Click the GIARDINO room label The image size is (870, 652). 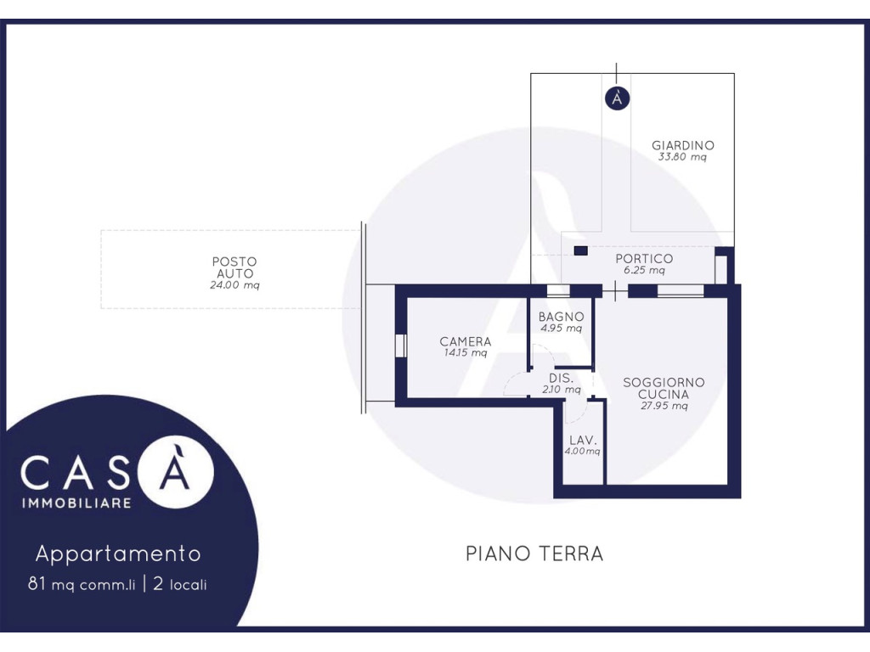682,145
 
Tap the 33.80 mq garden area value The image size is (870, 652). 682,157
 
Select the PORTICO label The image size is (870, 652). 644,258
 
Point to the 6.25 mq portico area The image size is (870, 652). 644,270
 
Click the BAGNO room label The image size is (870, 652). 561,317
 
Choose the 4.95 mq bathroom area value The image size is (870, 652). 561,329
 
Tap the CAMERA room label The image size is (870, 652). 466,341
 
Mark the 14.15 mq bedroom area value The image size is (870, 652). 466,352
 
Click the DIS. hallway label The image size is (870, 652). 561,378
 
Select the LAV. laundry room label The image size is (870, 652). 583,441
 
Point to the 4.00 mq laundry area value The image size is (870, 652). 583,452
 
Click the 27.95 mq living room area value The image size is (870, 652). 664,406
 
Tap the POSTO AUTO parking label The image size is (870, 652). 234,267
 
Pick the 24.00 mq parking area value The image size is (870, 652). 234,285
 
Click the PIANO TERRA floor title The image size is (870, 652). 534,554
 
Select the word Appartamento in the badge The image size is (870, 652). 118,554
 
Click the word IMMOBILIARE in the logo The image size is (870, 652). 76,503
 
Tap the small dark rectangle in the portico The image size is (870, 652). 581,251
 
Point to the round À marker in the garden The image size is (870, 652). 617,98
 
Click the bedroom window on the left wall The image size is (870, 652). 401,346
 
